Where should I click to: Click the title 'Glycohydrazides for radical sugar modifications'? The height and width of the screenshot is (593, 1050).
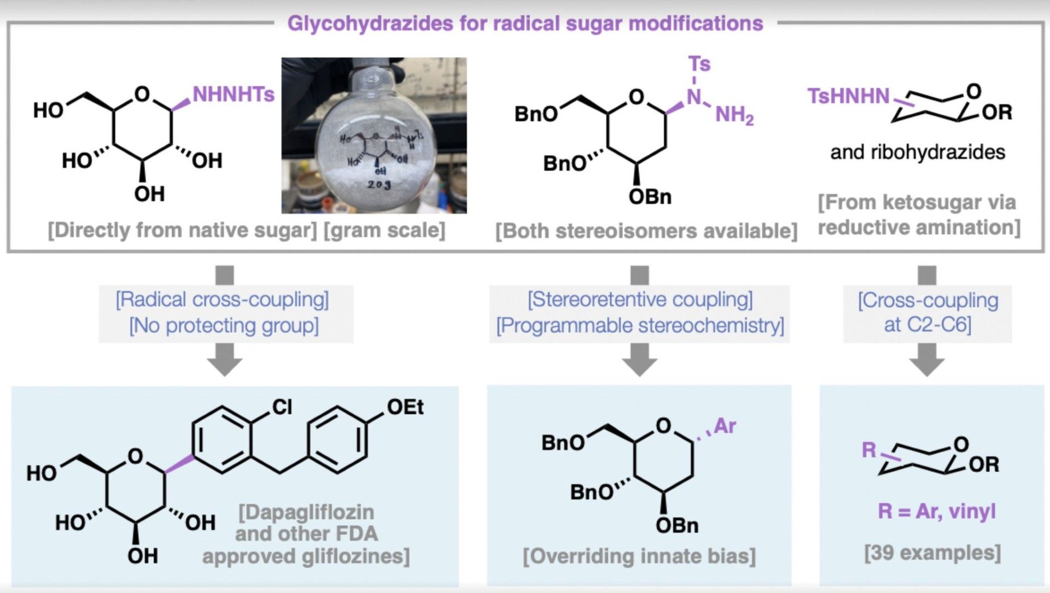(525, 24)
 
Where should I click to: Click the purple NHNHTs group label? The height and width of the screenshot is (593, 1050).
(233, 95)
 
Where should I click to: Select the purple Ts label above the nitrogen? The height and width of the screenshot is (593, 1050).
(699, 64)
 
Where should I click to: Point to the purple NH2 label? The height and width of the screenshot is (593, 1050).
(734, 115)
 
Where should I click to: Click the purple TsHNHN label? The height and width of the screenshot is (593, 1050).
(848, 96)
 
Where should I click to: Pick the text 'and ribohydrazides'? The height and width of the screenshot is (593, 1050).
(917, 152)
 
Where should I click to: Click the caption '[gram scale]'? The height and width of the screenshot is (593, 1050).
(384, 230)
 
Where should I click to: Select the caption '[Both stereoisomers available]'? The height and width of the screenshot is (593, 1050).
(646, 231)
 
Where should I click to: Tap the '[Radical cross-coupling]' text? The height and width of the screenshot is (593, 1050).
(222, 300)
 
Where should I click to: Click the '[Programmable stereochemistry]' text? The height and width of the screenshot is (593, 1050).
(640, 326)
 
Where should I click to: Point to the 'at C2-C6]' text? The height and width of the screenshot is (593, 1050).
(927, 325)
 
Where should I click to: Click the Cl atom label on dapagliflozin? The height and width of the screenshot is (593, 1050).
(282, 407)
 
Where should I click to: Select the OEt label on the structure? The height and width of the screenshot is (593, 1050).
(405, 407)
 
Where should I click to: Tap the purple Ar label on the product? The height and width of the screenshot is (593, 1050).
(725, 426)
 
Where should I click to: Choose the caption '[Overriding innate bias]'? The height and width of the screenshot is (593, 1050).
(639, 556)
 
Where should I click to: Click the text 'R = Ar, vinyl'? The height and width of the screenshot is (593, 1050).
(936, 511)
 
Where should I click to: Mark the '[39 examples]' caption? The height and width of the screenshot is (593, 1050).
(932, 553)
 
